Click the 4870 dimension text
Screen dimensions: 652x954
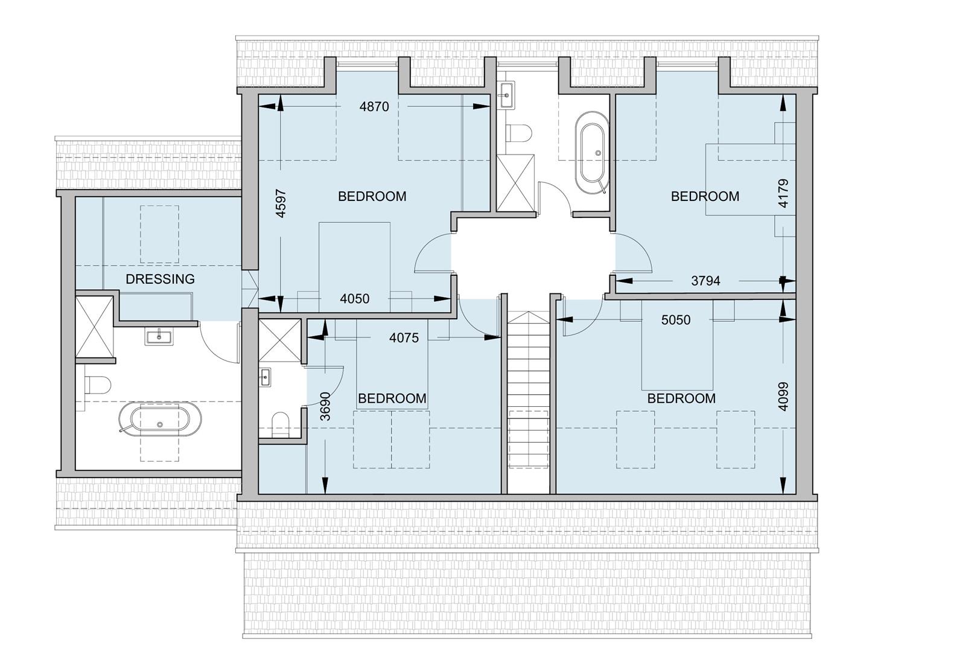tap(374, 107)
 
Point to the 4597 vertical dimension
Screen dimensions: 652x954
tap(281, 203)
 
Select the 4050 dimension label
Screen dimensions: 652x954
tap(355, 299)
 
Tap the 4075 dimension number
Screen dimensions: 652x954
tap(404, 338)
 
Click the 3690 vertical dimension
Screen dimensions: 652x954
tap(325, 406)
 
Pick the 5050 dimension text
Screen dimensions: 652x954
tap(676, 320)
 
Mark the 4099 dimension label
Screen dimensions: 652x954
tap(783, 396)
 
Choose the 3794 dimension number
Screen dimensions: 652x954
tap(705, 281)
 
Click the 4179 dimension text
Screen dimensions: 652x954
tap(783, 193)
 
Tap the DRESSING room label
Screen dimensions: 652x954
tap(160, 279)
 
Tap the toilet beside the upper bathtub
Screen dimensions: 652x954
tap(518, 133)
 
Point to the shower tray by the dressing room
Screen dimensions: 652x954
tap(95, 326)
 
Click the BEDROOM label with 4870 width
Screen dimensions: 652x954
tap(372, 196)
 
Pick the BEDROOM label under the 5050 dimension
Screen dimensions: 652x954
tap(681, 398)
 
